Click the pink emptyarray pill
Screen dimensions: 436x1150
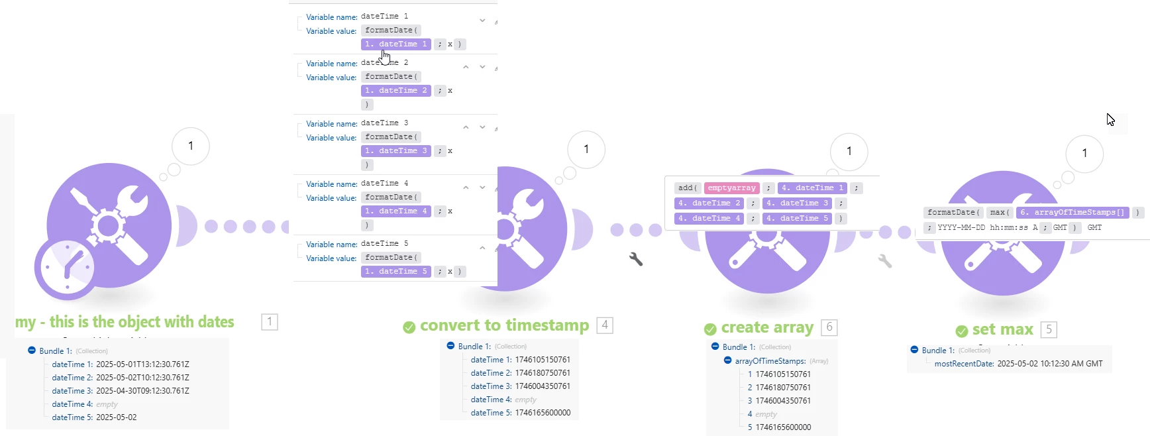[731, 188]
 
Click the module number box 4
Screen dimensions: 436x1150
[604, 325]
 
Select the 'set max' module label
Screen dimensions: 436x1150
[1002, 330]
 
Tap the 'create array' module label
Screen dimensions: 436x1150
[766, 328]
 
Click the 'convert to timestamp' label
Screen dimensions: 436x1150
[504, 326]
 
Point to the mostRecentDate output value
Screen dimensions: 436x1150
[1049, 364]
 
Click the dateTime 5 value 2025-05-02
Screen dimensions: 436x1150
[116, 417]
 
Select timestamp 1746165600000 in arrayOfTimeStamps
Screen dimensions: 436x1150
[783, 427]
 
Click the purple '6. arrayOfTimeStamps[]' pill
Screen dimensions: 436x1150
[1072, 213]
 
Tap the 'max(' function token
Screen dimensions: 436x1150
[999, 213]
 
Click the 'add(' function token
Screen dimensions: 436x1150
[688, 188]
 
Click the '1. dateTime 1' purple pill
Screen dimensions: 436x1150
[395, 44]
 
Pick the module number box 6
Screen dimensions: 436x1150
[829, 327]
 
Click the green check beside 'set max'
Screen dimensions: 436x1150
[962, 331]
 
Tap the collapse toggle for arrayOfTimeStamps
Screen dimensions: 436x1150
[727, 361]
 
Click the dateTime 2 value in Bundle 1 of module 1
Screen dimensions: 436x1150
[142, 378]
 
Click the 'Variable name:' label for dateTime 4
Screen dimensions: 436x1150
[331, 184]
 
